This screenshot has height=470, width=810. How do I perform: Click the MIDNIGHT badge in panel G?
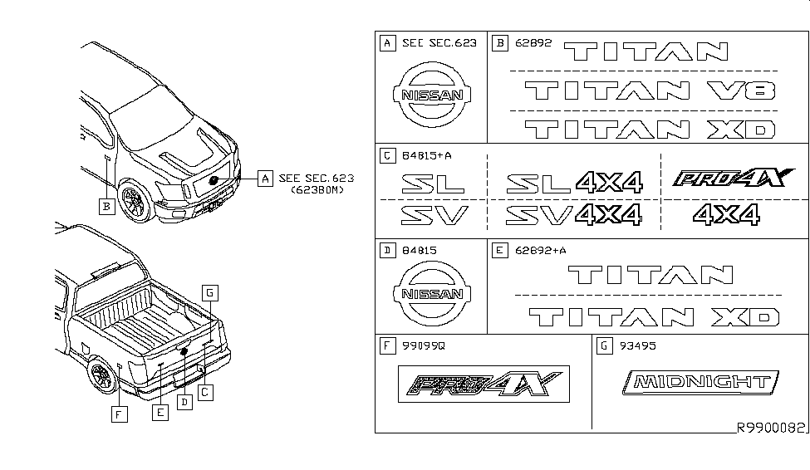click(700, 383)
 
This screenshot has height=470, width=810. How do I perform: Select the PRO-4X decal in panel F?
click(484, 384)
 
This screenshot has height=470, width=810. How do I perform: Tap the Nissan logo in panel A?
click(432, 95)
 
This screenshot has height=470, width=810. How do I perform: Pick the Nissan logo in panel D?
click(432, 293)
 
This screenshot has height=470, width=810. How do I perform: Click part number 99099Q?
click(424, 346)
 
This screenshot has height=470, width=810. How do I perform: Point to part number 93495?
click(637, 346)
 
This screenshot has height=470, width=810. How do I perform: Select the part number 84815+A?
click(427, 155)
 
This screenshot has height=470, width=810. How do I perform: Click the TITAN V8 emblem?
click(650, 91)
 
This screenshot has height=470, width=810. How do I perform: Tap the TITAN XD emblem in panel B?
click(650, 129)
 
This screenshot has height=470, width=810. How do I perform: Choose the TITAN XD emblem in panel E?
click(654, 317)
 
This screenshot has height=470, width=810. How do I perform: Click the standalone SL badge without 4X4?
click(433, 184)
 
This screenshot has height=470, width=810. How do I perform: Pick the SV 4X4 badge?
click(573, 215)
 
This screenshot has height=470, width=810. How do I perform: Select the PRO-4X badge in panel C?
click(733, 178)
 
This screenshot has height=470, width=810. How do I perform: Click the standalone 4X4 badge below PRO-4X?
click(726, 214)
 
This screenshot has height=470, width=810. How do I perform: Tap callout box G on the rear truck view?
click(209, 293)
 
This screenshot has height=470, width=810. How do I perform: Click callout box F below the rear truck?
click(120, 414)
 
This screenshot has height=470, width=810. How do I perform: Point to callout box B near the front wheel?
click(107, 207)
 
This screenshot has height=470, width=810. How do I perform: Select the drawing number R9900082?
click(771, 428)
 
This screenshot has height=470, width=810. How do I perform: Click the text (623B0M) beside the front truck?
click(317, 189)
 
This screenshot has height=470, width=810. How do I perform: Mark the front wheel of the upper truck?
click(135, 200)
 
